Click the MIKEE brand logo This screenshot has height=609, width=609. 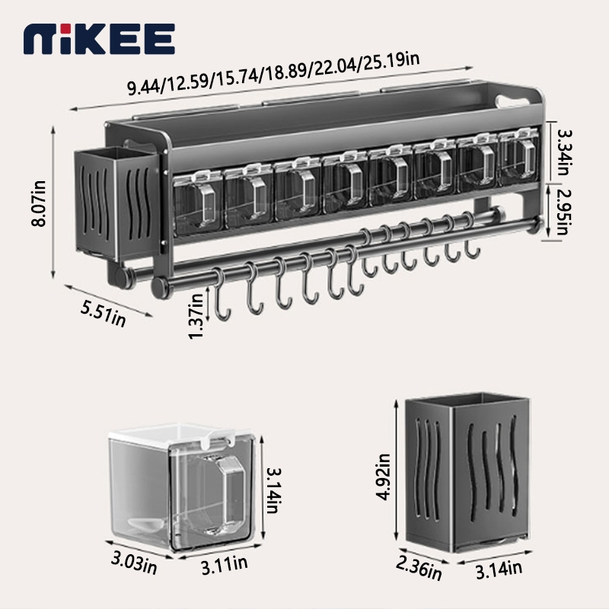(x=99, y=39)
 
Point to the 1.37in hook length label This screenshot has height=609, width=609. (x=196, y=316)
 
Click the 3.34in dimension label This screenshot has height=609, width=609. (x=563, y=152)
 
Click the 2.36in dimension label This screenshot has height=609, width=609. (x=419, y=569)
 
